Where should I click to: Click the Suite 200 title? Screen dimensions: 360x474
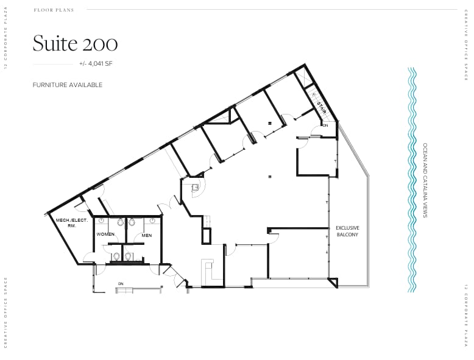[x=75, y=43]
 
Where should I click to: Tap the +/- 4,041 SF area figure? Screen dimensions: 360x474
[x=95, y=64]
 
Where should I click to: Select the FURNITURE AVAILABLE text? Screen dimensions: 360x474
[x=68, y=85]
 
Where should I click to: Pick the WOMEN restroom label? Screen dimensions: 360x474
[x=105, y=234]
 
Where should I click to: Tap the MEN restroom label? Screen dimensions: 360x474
[x=146, y=235]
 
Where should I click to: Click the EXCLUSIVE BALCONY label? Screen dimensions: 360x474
[x=347, y=231]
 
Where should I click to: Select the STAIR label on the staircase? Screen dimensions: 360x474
[x=321, y=108]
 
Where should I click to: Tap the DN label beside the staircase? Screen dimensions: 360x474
[x=325, y=125]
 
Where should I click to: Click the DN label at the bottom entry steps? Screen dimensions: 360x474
[x=121, y=284]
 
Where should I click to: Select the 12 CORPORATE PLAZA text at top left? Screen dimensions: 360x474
[x=5, y=39]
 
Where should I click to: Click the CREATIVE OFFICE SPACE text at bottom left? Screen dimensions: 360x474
[x=5, y=312]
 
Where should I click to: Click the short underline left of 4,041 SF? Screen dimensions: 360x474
[x=52, y=64]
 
